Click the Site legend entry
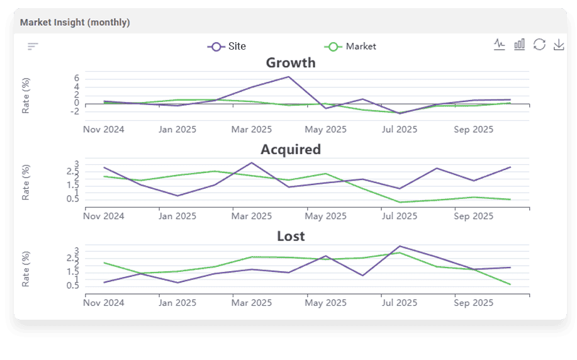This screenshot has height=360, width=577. (227, 47)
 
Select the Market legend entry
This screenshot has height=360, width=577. (350, 47)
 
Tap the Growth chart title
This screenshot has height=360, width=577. (291, 63)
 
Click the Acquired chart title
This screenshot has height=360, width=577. (291, 150)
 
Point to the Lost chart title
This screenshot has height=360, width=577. (291, 237)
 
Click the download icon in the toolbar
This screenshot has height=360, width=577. (558, 45)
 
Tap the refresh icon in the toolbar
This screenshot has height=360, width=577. (539, 45)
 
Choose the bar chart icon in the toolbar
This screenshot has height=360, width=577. (519, 45)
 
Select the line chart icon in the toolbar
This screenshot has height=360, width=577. (500, 45)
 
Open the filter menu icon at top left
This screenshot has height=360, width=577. (33, 47)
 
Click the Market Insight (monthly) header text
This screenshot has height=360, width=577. (75, 23)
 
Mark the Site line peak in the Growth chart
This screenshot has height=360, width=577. (288, 77)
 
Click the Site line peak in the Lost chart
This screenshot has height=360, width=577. (400, 246)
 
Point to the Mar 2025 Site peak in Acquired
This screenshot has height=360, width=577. (252, 163)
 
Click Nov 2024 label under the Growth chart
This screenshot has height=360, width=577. (104, 130)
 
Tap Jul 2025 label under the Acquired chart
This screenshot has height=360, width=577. (400, 217)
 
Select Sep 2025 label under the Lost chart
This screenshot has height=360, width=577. (473, 303)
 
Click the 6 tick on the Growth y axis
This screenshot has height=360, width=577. (76, 78)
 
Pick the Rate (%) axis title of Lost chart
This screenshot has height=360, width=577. (26, 269)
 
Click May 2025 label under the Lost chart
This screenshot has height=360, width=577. (325, 303)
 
